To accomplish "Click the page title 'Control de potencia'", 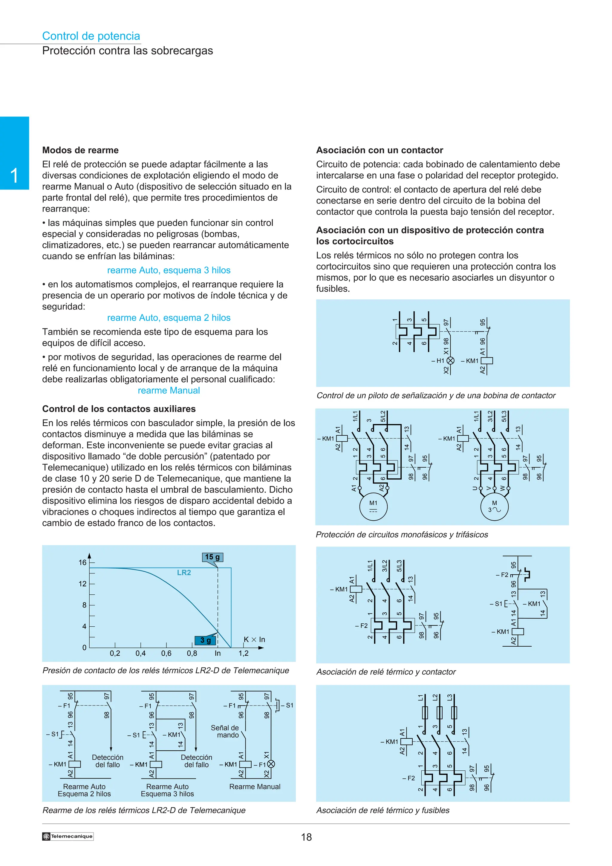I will click(91, 36).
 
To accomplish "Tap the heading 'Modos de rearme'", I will click(80, 150).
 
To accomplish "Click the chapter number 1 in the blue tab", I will click(14, 176).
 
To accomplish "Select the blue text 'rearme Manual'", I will click(169, 390).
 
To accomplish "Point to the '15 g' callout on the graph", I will click(212, 557).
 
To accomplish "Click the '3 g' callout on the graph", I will click(206, 640).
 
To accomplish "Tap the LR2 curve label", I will click(184, 573).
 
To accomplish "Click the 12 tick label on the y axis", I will click(82, 584).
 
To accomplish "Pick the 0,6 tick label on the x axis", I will click(166, 653).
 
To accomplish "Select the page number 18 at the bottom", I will click(306, 837).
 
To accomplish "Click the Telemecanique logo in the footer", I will click(68, 836).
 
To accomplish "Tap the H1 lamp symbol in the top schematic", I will click(450, 361).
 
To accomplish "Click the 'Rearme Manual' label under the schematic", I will click(255, 787).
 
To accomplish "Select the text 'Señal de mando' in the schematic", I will click(225, 731).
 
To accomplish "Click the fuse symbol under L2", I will click(439, 712).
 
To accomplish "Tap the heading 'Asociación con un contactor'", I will click(379, 150).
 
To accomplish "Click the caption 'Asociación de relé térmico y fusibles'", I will click(383, 810).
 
